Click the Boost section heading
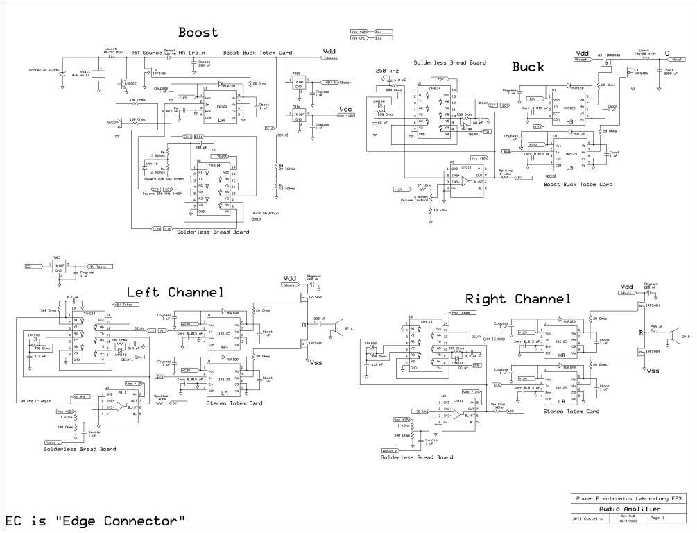tap(198, 32)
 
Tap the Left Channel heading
tap(175, 292)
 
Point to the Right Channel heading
tap(517, 299)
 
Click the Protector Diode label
tap(42, 70)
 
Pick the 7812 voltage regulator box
tap(299, 117)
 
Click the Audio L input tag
tap(51, 441)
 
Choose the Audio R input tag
tap(389, 450)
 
